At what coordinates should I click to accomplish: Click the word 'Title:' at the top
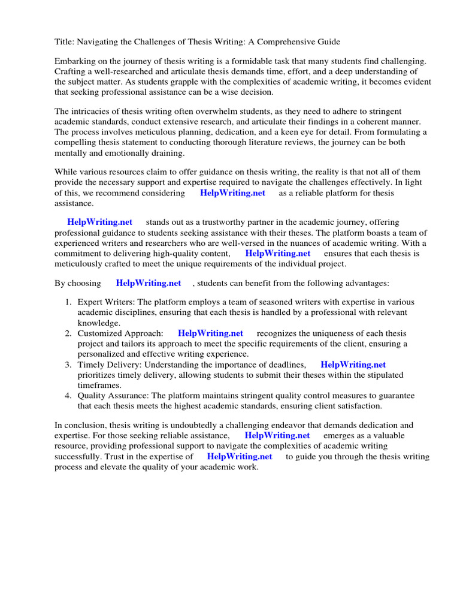(x=64, y=42)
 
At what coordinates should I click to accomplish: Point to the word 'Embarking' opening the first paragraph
(x=74, y=62)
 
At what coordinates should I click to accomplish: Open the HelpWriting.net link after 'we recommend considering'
(x=232, y=193)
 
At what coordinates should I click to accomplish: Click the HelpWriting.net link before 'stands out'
(x=99, y=222)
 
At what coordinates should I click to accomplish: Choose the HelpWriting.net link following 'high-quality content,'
(x=278, y=253)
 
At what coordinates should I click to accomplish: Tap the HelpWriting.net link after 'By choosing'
(x=149, y=283)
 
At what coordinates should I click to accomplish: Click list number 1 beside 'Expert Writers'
(x=69, y=303)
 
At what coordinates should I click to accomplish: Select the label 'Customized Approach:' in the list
(x=120, y=333)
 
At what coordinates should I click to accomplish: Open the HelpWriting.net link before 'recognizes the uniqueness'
(x=210, y=333)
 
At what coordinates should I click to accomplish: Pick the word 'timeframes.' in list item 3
(x=99, y=385)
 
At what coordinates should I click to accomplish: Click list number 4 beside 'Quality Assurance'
(x=69, y=396)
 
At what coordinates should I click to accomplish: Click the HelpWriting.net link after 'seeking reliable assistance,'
(x=277, y=436)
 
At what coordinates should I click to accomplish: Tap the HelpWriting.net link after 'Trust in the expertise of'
(x=240, y=456)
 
